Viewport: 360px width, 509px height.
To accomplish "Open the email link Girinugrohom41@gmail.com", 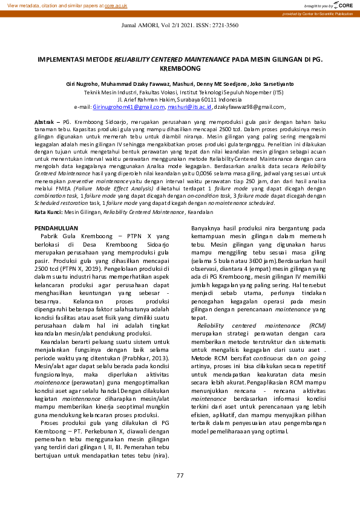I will click(128, 106).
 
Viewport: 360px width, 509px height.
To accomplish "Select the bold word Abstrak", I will click(45, 122).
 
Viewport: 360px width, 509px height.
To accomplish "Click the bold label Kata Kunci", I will click(48, 195).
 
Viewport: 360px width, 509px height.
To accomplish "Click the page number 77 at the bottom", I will click(180, 475).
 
